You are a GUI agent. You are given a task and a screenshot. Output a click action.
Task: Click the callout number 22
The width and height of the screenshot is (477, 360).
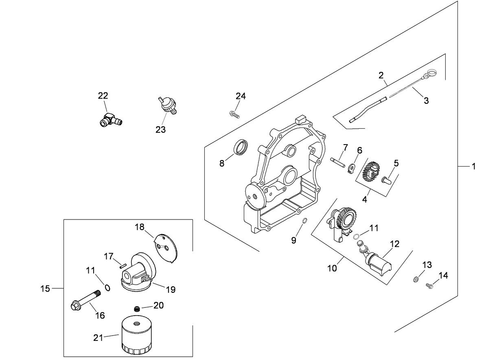pyautogui.click(x=103, y=96)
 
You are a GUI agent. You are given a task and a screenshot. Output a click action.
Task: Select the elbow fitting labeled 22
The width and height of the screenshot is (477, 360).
pyautogui.click(x=110, y=120)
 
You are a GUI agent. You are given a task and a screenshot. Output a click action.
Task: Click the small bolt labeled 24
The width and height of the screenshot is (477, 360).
pyautogui.click(x=234, y=114)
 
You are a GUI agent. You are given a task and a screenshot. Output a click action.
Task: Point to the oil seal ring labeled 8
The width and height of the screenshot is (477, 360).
pyautogui.click(x=240, y=147)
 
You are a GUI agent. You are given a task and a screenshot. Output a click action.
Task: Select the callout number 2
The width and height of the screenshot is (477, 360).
pyautogui.click(x=381, y=75)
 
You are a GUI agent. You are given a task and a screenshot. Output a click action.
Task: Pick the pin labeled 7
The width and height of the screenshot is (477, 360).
pyautogui.click(x=338, y=162)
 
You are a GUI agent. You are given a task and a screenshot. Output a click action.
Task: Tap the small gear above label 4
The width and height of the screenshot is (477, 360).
pyautogui.click(x=370, y=171)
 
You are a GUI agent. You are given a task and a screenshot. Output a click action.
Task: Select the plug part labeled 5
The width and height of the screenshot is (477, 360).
pyautogui.click(x=387, y=178)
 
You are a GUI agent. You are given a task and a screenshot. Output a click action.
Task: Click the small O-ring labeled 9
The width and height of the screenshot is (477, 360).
pyautogui.click(x=304, y=221)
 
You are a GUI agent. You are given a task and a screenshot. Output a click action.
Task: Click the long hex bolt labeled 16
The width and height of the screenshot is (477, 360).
pyautogui.click(x=86, y=300)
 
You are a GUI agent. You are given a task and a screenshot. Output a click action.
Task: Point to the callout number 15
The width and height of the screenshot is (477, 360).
pyautogui.click(x=45, y=288)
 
